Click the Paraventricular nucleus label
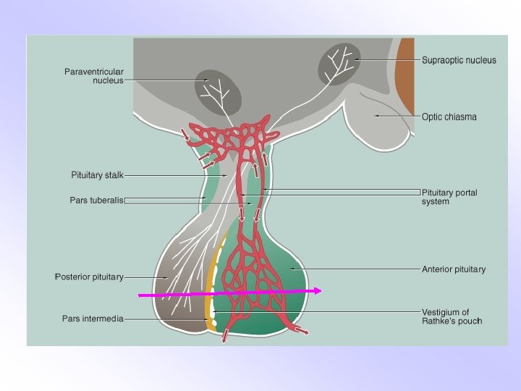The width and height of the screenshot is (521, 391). click(x=94, y=75)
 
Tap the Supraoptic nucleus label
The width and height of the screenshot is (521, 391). click(x=459, y=60)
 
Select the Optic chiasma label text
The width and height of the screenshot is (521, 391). click(x=449, y=117)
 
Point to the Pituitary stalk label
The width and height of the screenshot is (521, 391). click(x=98, y=175)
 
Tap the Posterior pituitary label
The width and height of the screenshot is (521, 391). click(x=90, y=277)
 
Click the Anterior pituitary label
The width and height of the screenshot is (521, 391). click(x=454, y=269)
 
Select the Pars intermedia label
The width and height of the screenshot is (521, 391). click(x=93, y=318)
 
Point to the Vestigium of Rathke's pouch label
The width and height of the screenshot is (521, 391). click(x=451, y=316)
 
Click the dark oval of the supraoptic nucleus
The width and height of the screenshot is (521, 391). click(x=339, y=64)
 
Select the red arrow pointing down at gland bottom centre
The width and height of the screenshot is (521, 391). click(x=225, y=335)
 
